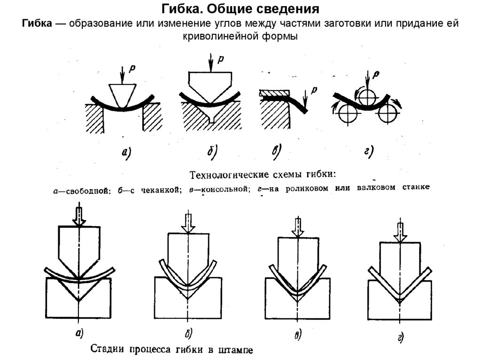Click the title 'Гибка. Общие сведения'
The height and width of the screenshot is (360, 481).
[x=240, y=9]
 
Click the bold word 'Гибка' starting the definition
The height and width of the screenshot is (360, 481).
[x=37, y=23]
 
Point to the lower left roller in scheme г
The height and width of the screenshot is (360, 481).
[x=348, y=113]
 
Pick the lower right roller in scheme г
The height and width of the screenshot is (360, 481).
[x=388, y=113]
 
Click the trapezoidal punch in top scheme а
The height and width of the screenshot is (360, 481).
[x=122, y=95]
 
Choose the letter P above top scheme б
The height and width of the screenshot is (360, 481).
[x=221, y=59]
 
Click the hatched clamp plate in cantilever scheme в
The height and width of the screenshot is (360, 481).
[x=274, y=92]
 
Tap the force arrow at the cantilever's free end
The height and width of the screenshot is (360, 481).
[x=305, y=100]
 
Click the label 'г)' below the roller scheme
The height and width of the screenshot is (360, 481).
[x=369, y=152]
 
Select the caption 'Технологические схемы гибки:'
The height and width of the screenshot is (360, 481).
[x=263, y=175]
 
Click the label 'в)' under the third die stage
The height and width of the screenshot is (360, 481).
[x=297, y=334]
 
